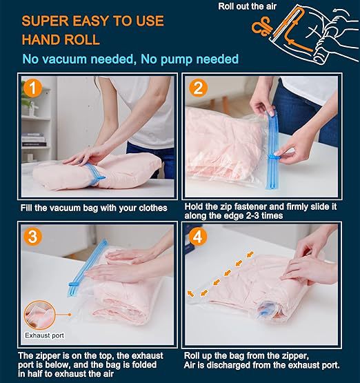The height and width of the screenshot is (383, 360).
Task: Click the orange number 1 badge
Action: point(32,88)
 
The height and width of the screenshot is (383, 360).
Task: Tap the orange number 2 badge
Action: point(198,88)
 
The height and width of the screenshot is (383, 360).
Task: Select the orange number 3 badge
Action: point(32,236)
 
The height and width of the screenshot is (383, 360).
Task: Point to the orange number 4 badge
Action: point(198,237)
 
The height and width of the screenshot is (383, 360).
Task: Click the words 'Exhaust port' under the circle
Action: point(44,335)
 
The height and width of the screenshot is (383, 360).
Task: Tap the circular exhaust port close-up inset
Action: point(39,315)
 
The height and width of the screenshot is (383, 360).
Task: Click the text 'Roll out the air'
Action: point(247,7)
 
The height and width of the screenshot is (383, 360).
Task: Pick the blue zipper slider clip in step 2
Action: point(277,157)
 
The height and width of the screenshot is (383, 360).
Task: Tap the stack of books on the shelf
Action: point(34,140)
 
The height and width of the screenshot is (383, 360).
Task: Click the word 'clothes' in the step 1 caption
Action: point(153,208)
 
